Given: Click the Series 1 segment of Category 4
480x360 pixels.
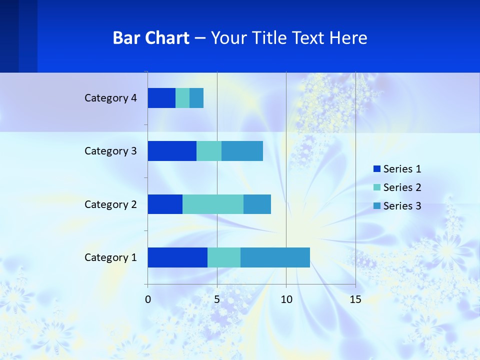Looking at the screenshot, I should [161, 98].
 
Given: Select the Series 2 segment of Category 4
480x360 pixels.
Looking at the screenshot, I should [182, 98].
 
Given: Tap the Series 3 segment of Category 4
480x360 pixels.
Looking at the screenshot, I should [196, 98].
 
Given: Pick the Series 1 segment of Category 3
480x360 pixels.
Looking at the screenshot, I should [172, 151].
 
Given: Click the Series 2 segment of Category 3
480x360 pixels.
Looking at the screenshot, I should [209, 151].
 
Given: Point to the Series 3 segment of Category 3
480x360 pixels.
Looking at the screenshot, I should [242, 151].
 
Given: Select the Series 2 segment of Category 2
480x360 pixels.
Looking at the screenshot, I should [213, 204].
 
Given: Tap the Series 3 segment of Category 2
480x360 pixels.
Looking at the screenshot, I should [257, 204].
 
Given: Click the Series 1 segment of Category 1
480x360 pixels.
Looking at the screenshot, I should [177, 257].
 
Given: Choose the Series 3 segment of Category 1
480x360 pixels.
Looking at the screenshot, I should [275, 257].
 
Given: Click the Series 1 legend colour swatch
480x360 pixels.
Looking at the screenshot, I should [377, 169].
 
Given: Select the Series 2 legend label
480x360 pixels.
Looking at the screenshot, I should [402, 187].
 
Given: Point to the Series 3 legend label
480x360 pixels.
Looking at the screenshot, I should [402, 206].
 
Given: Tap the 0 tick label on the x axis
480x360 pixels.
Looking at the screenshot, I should [148, 299].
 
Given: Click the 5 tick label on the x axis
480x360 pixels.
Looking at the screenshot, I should [217, 299].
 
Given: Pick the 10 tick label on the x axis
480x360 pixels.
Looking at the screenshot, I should [286, 299].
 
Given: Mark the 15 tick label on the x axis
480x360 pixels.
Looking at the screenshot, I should [355, 299].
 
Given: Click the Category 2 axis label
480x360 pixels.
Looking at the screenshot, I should [110, 204].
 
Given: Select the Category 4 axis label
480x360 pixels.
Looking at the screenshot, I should [110, 98].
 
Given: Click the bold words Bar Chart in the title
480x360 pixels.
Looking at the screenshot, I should [151, 38].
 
